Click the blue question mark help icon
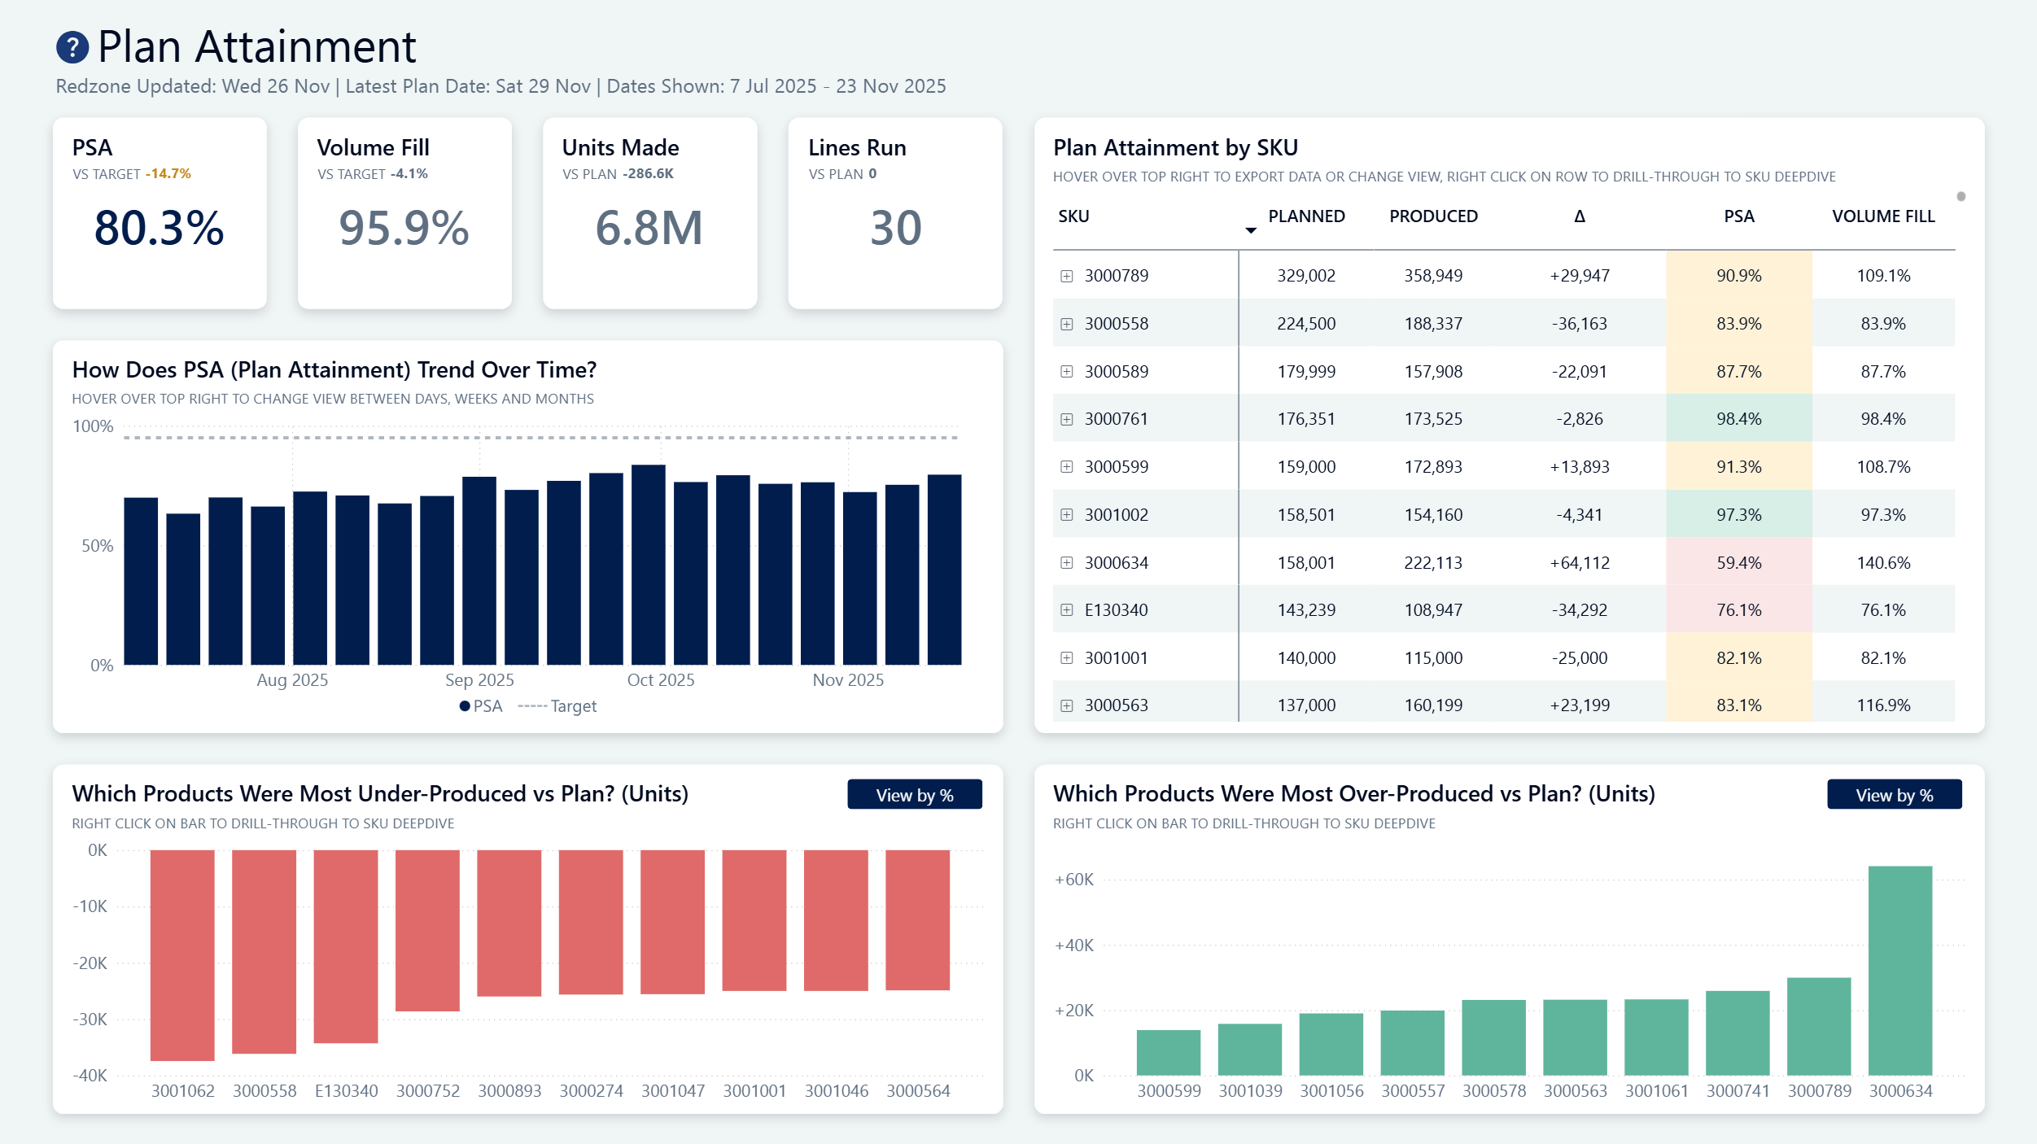point(72,47)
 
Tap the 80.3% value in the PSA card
point(160,228)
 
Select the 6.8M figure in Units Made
point(649,228)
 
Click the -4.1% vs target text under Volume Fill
point(409,174)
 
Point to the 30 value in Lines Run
point(895,228)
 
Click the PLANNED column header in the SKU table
point(1306,216)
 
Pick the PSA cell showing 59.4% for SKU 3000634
point(1738,562)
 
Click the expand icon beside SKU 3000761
point(1066,419)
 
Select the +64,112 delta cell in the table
point(1579,562)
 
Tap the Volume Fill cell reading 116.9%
point(1882,705)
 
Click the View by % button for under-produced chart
point(914,795)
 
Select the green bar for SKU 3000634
point(1899,970)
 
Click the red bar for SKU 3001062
point(182,954)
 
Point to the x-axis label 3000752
point(428,1090)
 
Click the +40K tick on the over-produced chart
point(1073,945)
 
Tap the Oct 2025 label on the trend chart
point(660,680)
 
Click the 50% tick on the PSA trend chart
point(98,546)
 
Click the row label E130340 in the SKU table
point(1116,610)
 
